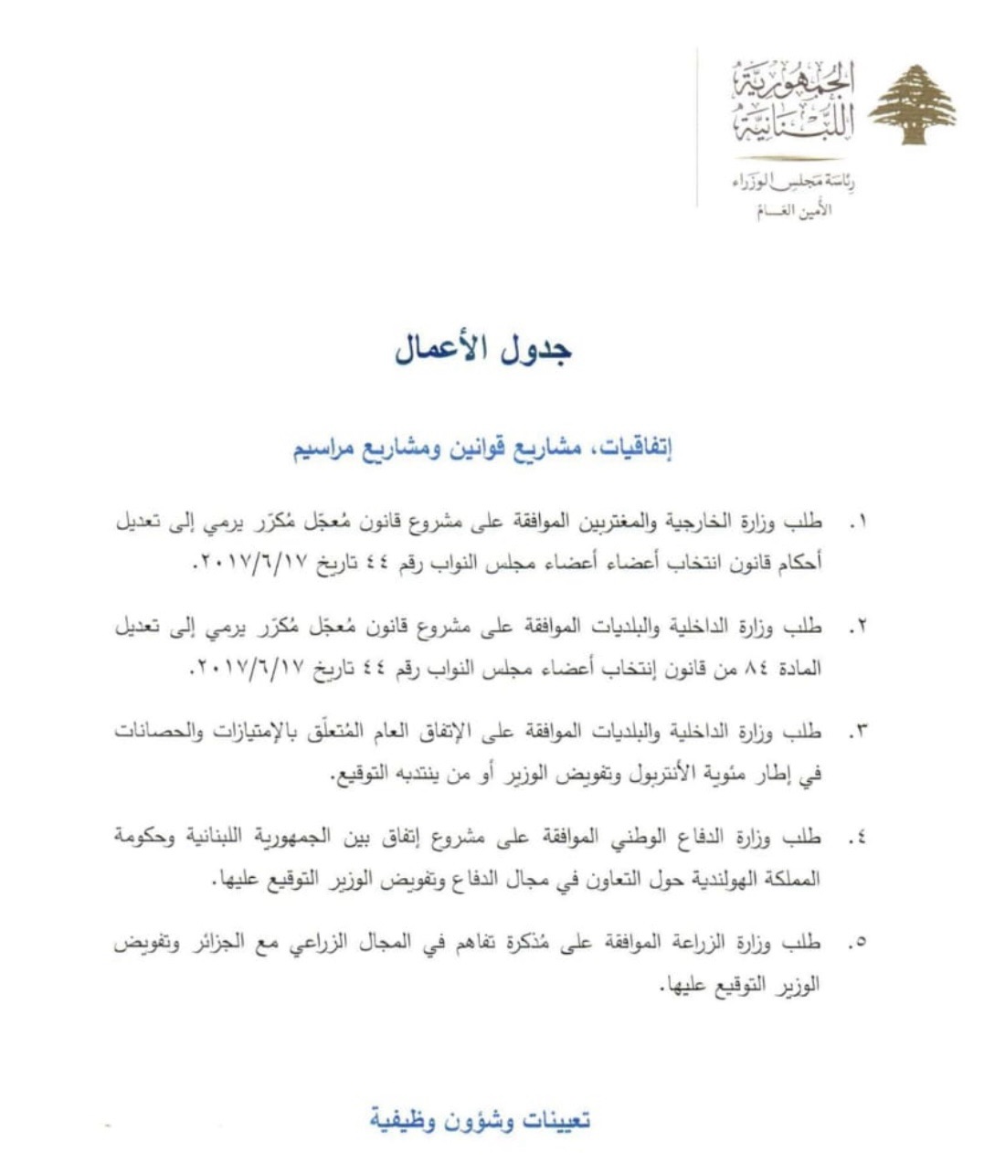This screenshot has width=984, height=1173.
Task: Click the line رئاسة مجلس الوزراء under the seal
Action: pos(794,183)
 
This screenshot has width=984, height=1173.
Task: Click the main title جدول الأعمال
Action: pos(483,351)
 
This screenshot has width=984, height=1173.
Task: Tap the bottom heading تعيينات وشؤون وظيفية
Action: pos(481,1120)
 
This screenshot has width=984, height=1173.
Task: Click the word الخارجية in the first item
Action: pos(704,522)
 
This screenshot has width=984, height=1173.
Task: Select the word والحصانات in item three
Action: pos(156,732)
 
